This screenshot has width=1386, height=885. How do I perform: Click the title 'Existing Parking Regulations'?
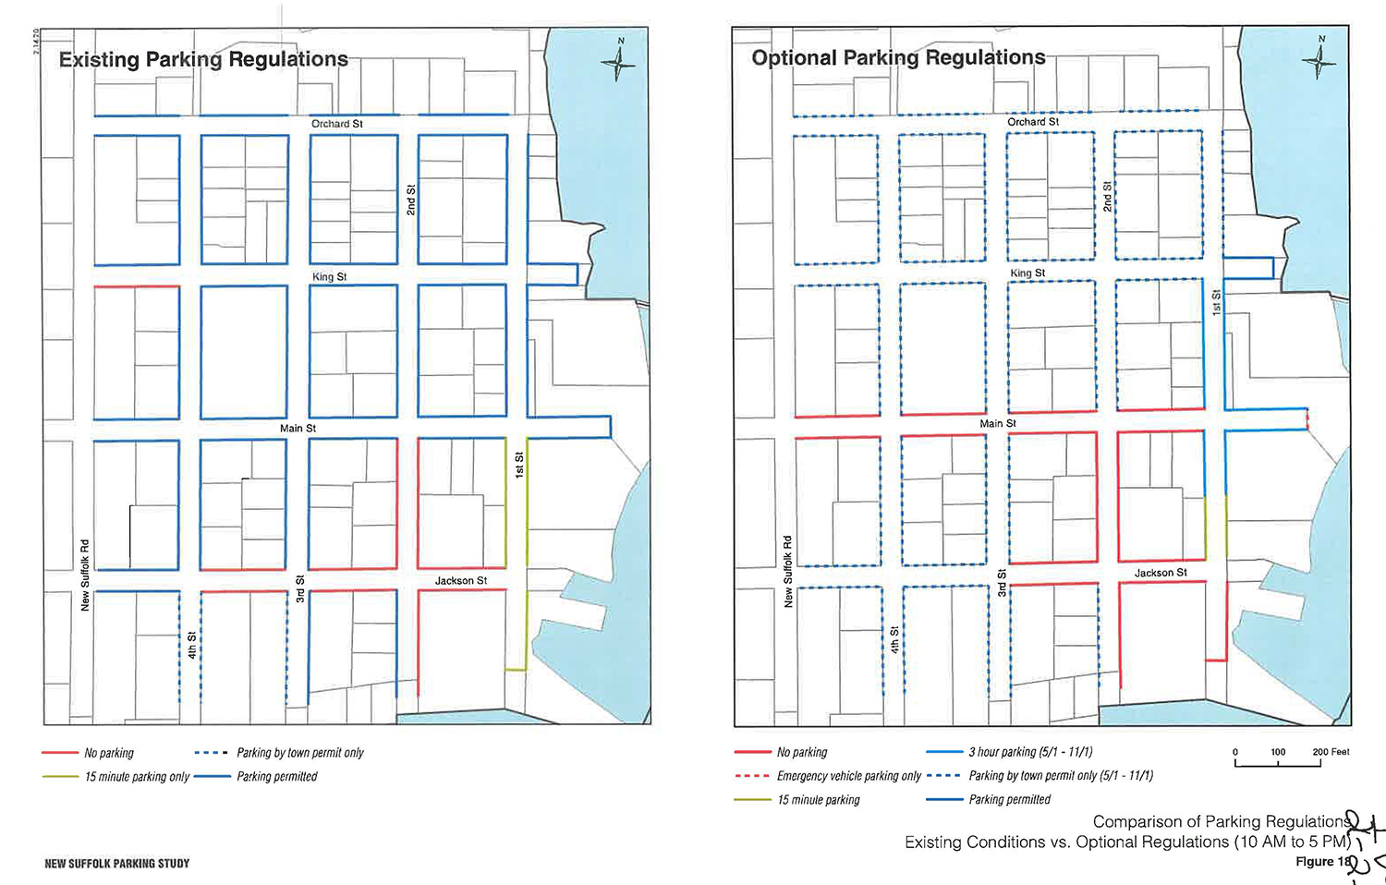pos(203,60)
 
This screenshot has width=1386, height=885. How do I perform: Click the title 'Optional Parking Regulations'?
pos(898,57)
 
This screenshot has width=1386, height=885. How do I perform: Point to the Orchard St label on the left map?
pos(337,124)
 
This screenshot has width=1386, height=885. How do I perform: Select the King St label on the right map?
pos(1027,273)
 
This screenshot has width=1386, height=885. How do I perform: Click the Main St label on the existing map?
pos(298,428)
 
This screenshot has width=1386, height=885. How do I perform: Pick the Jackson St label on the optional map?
pos(1161,573)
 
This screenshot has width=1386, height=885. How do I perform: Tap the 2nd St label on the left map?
pos(410,200)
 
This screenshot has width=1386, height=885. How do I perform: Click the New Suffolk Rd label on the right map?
pos(787,572)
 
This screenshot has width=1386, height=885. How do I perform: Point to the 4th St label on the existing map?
pos(192,645)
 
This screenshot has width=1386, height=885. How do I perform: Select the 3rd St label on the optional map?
pos(1002,583)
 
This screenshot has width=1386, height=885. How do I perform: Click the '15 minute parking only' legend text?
pos(138,777)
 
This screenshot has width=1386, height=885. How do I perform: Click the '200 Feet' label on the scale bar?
pos(1331,752)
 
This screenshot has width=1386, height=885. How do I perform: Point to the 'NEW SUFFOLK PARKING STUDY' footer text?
pos(117,864)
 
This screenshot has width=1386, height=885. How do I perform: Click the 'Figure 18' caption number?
pos(1323,862)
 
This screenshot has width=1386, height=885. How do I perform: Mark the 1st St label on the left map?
pos(519,465)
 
